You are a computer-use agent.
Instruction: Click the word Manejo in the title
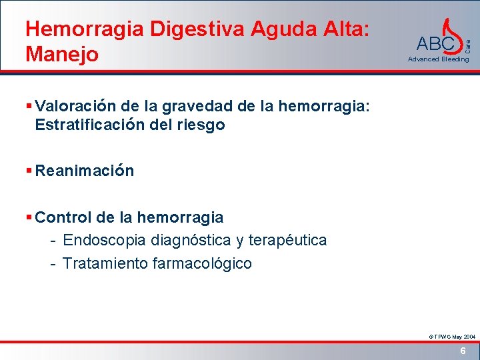pos(61,53)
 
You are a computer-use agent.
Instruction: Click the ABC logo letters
pos(434,44)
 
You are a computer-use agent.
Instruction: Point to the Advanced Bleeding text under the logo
pos(438,59)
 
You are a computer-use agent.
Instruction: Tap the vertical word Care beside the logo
pos(469,47)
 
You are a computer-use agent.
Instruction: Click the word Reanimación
pos(85,171)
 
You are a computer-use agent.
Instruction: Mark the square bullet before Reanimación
pos(29,171)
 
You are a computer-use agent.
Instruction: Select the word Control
pos(63,217)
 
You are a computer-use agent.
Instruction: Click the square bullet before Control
pos(29,217)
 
